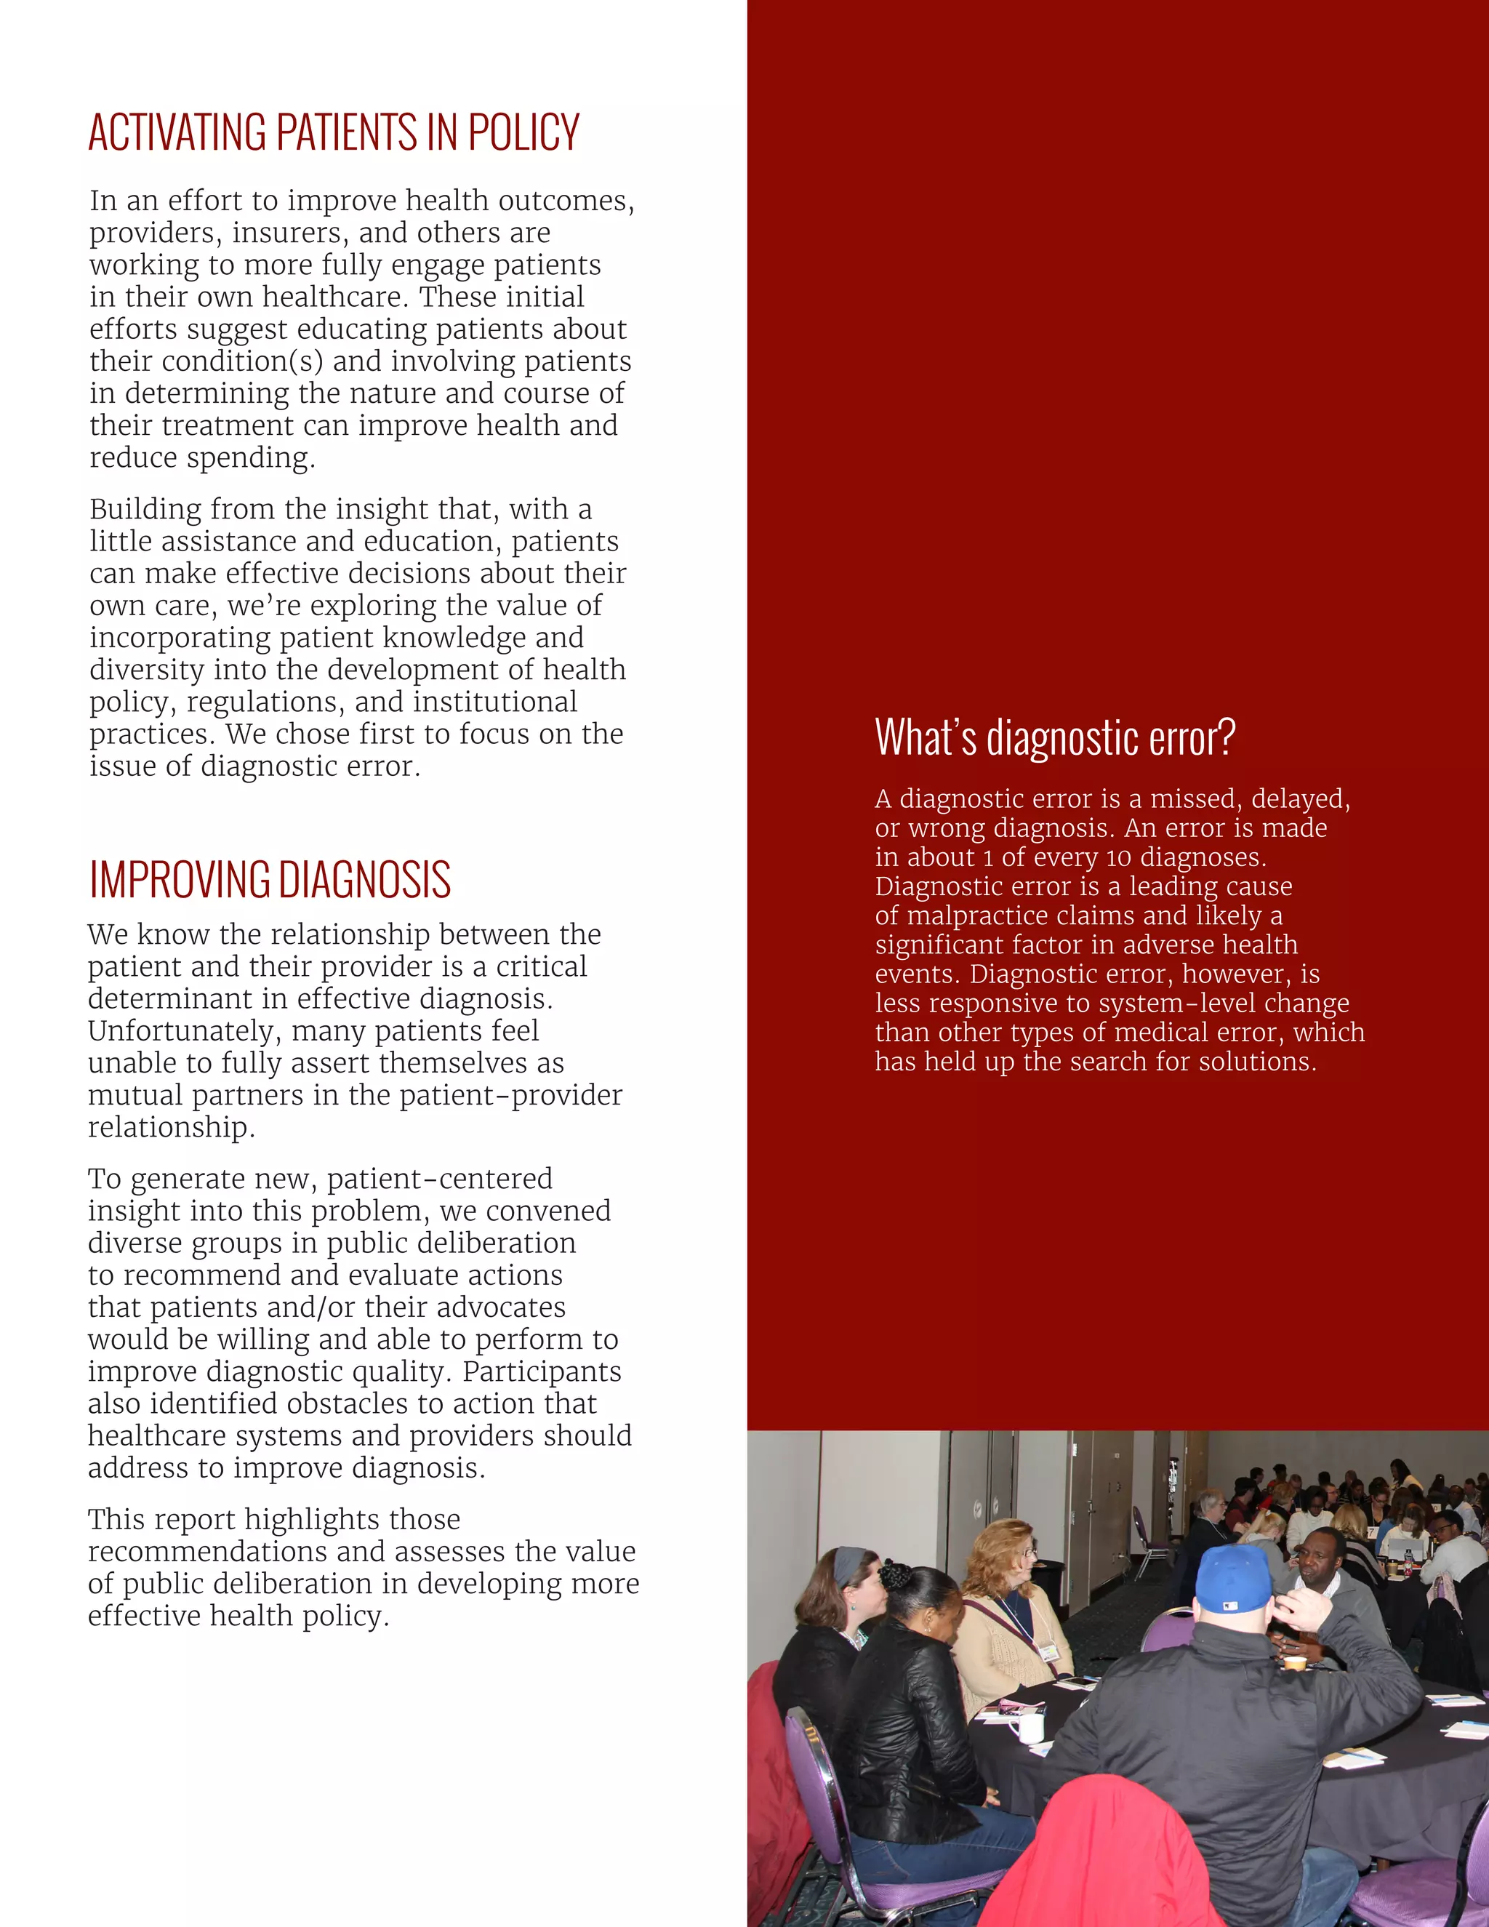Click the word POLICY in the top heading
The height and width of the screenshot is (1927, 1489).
click(523, 133)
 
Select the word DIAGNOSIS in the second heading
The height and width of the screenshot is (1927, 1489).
click(364, 881)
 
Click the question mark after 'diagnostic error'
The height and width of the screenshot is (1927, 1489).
click(1225, 737)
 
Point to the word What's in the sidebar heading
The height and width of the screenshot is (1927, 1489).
click(926, 737)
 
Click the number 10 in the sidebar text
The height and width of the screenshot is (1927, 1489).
click(1118, 857)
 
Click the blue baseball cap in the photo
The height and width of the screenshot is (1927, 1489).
click(1233, 1579)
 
